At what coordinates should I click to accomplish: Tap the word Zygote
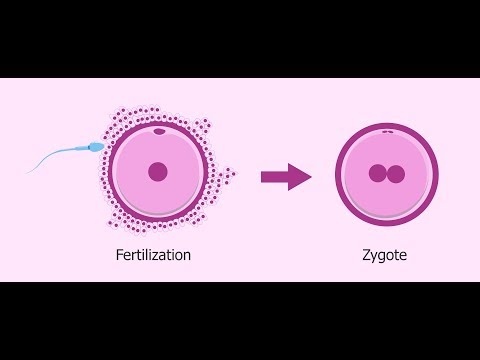click(x=385, y=255)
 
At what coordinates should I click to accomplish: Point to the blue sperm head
click(x=96, y=148)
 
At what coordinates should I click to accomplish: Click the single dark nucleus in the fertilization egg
click(x=158, y=172)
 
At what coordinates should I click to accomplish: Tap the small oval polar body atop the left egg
click(x=158, y=131)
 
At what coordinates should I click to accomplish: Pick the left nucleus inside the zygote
click(x=377, y=174)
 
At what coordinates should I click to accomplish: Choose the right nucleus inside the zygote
click(x=396, y=174)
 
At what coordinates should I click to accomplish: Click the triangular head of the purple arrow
click(x=299, y=177)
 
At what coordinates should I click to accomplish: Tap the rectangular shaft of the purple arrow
click(x=272, y=177)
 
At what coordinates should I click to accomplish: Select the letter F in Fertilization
click(x=119, y=255)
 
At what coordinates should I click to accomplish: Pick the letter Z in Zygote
click(x=365, y=255)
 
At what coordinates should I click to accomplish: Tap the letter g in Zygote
click(x=384, y=257)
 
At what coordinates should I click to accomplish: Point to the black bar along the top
click(x=240, y=38)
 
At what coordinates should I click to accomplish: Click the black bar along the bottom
click(x=240, y=320)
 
